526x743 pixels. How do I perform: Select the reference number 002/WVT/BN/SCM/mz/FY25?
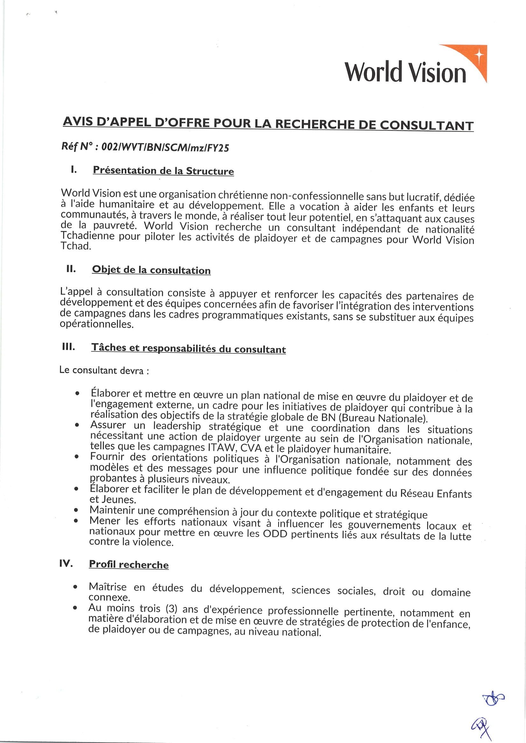[x=165, y=147]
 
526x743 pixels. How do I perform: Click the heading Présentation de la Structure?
[x=163, y=171]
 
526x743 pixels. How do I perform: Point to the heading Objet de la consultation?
[x=151, y=269]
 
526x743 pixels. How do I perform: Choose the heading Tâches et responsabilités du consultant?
[x=188, y=349]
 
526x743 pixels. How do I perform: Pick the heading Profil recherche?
[x=129, y=564]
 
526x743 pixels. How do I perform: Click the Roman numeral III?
[x=68, y=347]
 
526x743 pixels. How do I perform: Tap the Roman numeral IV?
[x=66, y=563]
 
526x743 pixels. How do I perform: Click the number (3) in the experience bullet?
[x=171, y=609]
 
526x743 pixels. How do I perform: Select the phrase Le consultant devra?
[x=102, y=370]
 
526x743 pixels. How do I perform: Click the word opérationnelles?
[x=97, y=324]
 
